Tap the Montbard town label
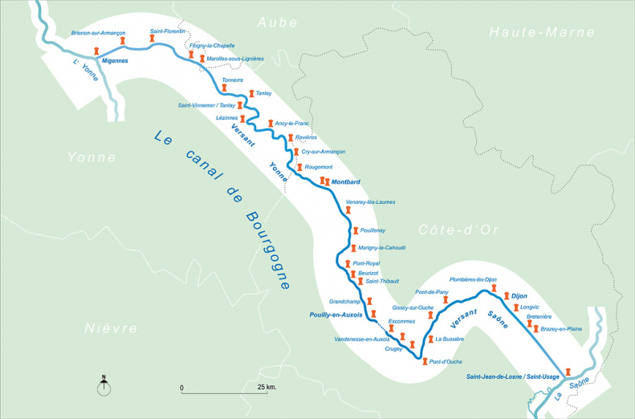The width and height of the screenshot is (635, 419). coord(345,181)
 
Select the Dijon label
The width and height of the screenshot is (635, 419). coord(519,296)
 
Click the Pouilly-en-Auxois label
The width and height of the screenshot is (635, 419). coord(336,315)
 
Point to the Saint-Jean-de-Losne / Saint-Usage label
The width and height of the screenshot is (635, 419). coord(514,376)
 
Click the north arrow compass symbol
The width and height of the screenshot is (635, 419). coord(104,388)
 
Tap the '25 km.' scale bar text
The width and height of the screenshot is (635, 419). coord(267,388)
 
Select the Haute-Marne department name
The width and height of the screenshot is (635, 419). coord(542,33)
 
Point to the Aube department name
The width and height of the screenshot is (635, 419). coord(276,23)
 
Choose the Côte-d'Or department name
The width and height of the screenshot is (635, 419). coord(458,230)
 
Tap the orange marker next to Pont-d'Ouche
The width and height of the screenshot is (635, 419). coord(423,361)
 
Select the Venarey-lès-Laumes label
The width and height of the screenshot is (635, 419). coord(369,201)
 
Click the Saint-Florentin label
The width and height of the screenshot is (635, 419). coord(168,31)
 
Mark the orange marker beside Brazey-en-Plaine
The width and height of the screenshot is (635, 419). coord(535,328)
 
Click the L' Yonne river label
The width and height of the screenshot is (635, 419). coord(83,70)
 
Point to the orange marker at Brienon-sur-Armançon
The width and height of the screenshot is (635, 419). coord(123,40)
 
